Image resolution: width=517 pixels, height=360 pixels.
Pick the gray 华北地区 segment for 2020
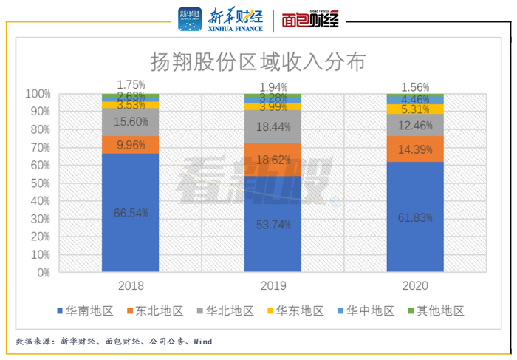point(415,125)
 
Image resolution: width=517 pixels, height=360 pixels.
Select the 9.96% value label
point(131,145)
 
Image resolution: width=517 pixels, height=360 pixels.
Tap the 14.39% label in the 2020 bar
point(415,148)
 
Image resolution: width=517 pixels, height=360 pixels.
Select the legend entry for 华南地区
point(86,311)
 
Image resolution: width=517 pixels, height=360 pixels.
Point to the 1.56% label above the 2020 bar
point(414,87)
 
